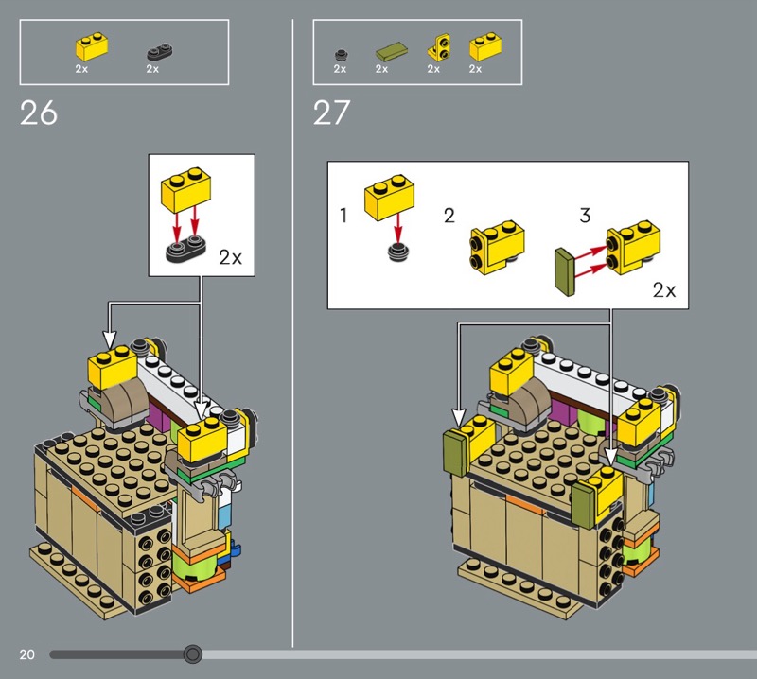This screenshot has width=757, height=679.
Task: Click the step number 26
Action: click(x=39, y=113)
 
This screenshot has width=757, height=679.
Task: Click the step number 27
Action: click(x=332, y=113)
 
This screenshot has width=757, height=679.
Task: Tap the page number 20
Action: click(x=27, y=654)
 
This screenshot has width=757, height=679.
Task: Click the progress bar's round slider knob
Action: click(x=193, y=654)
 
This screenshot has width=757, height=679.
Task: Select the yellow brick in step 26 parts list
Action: click(x=92, y=46)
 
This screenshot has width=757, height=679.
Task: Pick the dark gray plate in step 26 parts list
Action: click(x=160, y=52)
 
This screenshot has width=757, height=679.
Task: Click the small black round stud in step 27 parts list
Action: click(x=341, y=55)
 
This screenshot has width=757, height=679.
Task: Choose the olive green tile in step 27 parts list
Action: click(x=391, y=51)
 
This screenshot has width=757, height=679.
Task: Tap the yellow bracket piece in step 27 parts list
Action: click(x=439, y=47)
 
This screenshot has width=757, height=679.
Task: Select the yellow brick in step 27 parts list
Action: click(x=485, y=46)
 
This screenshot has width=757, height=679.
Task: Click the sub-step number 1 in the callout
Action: click(x=343, y=216)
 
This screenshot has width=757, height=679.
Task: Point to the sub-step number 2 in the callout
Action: click(x=449, y=216)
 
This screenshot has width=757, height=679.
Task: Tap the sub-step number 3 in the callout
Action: click(x=585, y=216)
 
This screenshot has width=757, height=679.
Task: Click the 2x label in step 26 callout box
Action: click(x=230, y=257)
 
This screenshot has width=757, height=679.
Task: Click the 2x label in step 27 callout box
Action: click(x=664, y=290)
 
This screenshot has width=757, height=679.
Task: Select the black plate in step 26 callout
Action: click(x=185, y=248)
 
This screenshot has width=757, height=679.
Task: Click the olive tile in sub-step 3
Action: click(x=565, y=271)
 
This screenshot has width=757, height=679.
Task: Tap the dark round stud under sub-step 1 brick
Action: click(x=397, y=252)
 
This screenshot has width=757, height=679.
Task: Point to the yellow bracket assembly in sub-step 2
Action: click(x=497, y=248)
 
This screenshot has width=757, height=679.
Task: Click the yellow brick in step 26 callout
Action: click(x=185, y=190)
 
